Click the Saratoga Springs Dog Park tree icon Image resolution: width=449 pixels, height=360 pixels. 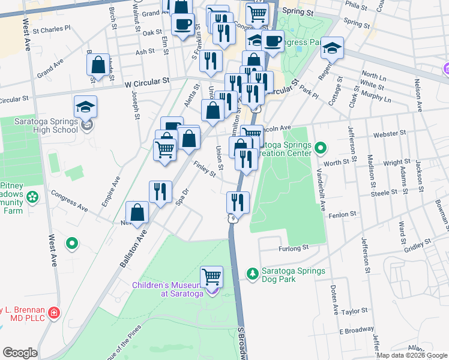(x=252, y=274)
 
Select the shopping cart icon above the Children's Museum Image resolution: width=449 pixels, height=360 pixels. (x=211, y=277)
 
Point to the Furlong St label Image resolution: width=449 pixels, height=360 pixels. (x=293, y=247)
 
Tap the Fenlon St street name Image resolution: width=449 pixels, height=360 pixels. (x=344, y=213)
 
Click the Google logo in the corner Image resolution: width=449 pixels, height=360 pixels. (x=20, y=353)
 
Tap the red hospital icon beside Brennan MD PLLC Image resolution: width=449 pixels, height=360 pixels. (x=54, y=313)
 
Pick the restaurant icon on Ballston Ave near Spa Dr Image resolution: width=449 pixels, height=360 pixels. (x=160, y=192)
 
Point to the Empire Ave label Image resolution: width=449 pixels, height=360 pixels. (x=110, y=191)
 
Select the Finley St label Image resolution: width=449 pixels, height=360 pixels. (x=205, y=168)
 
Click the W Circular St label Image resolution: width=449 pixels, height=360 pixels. (x=147, y=81)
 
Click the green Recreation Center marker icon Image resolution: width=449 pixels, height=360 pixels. (x=320, y=147)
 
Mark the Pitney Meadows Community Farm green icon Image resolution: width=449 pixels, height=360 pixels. (x=32, y=197)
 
